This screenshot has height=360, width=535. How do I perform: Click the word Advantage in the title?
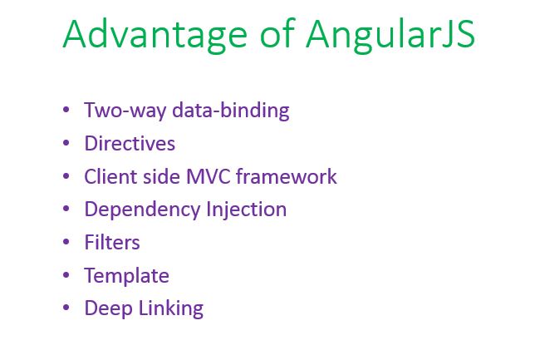[155, 35]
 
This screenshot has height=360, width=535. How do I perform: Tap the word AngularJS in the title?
[390, 35]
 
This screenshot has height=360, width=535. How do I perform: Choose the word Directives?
[130, 144]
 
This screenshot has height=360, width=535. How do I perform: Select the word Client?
[108, 176]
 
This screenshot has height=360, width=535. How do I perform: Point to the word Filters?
[112, 242]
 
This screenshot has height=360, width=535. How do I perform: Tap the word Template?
[126, 275]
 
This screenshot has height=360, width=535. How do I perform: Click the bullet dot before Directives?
[66, 144]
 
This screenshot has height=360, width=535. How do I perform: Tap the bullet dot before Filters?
[66, 242]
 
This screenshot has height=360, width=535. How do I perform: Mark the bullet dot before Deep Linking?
[66, 308]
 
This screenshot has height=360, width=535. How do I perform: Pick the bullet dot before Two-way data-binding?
[66, 111]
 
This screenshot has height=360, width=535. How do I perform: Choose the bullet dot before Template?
[66, 275]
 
